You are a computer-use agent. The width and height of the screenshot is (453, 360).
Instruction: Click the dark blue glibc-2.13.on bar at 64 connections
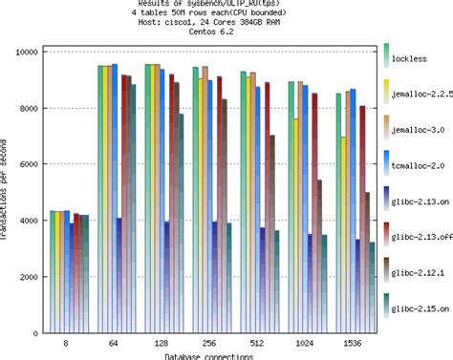point(119,276)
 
